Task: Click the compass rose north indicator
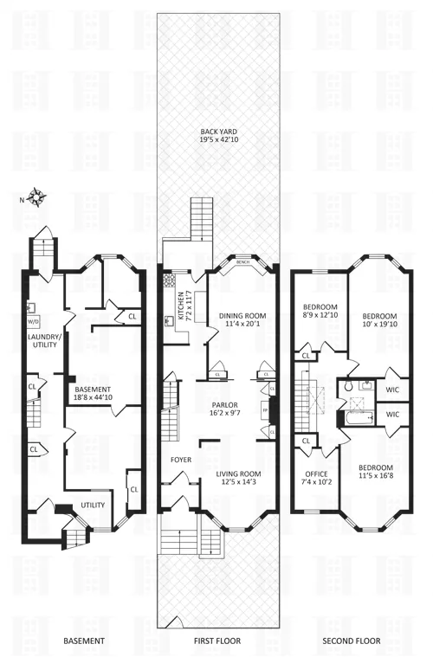point(37,197)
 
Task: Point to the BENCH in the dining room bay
point(242,261)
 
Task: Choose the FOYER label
point(180,460)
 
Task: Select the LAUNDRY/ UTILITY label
point(42,340)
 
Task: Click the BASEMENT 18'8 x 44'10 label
point(93,394)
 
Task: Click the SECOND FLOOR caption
point(352,641)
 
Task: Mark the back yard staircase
point(201,218)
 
